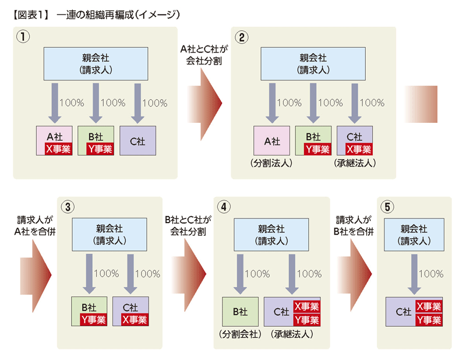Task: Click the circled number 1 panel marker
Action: point(23,37)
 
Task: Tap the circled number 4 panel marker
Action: point(224,207)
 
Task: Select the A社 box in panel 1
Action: point(54,140)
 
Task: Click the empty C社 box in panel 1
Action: point(137,140)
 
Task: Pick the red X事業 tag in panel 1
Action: point(59,149)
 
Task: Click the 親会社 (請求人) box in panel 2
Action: point(313,63)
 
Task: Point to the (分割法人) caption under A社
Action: point(271,163)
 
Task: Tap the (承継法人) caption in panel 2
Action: point(355,163)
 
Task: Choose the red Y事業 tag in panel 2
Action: point(317,149)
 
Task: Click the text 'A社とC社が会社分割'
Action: point(204,55)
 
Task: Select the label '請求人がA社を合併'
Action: point(35,225)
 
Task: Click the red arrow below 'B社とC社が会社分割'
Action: point(189,275)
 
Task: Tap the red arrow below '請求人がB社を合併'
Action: point(355,275)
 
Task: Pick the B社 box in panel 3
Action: point(89,311)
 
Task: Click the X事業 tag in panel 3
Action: point(135,320)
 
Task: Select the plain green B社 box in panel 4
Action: point(240,312)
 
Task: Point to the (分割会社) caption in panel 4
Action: point(240,334)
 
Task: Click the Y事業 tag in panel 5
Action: point(429,320)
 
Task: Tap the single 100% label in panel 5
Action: point(431,273)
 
